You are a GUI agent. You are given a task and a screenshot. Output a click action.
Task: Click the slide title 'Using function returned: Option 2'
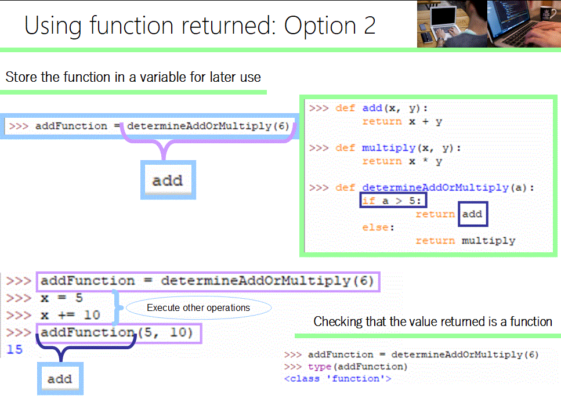[x=200, y=26]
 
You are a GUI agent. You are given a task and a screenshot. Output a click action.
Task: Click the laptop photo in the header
[x=488, y=24]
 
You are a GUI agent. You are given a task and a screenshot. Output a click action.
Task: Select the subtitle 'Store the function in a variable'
[x=133, y=77]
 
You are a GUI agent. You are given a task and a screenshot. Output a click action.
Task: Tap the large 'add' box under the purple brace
[x=168, y=180]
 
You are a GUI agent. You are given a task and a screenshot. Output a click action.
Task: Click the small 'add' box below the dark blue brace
[x=60, y=379]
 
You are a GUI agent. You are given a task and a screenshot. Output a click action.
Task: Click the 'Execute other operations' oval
[x=198, y=308]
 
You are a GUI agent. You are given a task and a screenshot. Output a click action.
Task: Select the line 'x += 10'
[x=70, y=316]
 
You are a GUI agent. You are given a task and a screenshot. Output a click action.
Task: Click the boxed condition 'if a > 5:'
[x=394, y=201]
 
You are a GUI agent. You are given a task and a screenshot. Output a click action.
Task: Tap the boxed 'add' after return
[x=472, y=214]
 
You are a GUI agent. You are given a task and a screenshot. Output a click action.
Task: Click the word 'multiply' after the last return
[x=488, y=240]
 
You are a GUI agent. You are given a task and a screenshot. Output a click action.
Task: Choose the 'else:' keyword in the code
[x=378, y=227]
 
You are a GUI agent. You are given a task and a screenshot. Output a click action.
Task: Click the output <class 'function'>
[x=337, y=379]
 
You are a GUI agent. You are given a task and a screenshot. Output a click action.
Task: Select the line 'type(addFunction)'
[x=358, y=367]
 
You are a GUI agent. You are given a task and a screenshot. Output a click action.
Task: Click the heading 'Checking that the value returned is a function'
[x=433, y=321]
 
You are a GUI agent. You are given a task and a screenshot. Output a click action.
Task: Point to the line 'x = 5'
[x=62, y=298]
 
